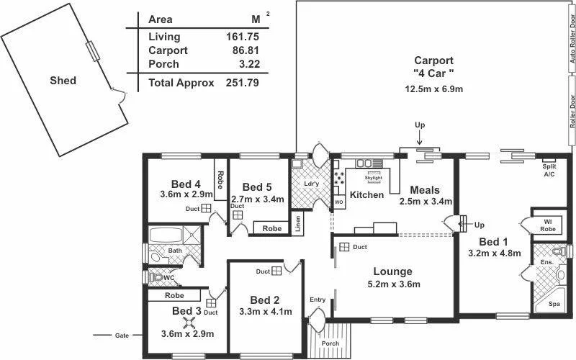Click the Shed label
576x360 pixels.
point(63,81)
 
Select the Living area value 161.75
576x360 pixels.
point(242,37)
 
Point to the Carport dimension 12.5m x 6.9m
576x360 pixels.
point(433,89)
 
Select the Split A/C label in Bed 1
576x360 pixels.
point(549,170)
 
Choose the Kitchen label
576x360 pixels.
point(366,195)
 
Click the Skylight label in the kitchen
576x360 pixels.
point(374,176)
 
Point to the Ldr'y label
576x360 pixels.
point(312,184)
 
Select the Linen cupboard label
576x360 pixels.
point(299,224)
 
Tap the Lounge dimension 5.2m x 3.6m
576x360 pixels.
point(392,284)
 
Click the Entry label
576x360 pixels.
point(318,300)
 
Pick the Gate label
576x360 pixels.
point(122,336)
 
